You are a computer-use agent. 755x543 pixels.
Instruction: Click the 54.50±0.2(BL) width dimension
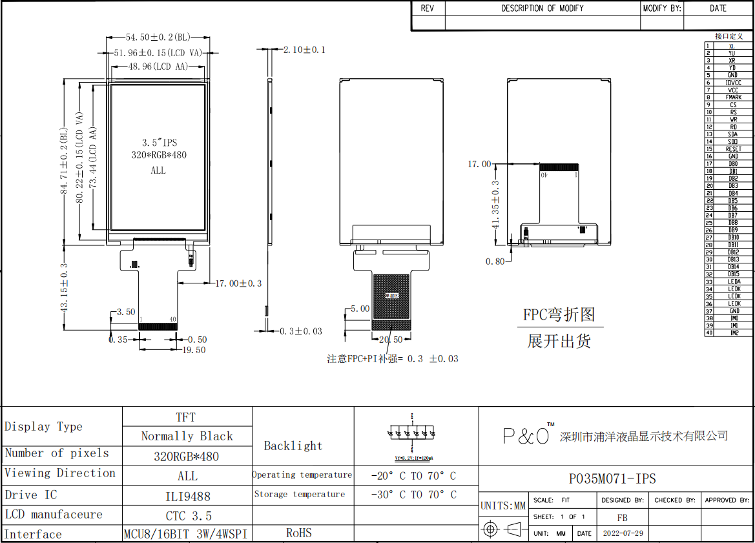coord(158,37)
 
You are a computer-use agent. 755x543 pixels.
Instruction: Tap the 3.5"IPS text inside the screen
coord(160,142)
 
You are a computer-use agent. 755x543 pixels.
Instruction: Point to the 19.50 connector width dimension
coord(193,350)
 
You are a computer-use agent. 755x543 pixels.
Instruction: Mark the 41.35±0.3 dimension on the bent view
coord(496,203)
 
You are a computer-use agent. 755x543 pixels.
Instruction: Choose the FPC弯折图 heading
coord(559,315)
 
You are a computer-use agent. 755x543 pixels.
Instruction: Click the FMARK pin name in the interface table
coord(733,97)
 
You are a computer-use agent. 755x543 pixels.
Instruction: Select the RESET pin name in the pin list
coord(733,149)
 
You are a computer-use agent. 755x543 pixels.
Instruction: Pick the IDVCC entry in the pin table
coord(733,83)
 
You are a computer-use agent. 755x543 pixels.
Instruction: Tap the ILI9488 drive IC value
coord(187,496)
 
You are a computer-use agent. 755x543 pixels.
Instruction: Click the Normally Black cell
coord(187,436)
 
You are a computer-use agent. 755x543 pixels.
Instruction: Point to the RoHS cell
coord(299,533)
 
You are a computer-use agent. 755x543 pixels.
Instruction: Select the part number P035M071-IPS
coord(612,478)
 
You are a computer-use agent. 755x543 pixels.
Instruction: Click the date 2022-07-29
coord(623,534)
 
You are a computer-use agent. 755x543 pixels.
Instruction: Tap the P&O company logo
coord(527,436)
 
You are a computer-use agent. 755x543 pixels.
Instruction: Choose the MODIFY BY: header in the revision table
coord(662,8)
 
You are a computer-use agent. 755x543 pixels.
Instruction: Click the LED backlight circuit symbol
coord(413,436)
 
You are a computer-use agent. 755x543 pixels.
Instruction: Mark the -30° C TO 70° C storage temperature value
coord(413,495)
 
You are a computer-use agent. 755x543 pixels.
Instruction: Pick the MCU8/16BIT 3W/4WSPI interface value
coord(186,534)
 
